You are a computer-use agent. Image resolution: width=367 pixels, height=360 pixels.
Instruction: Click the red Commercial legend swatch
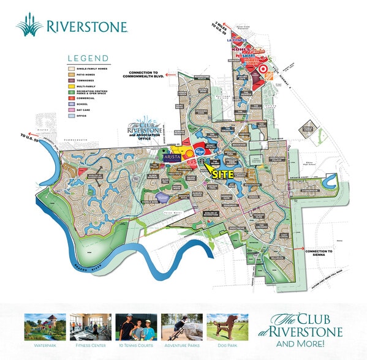tap(72, 98)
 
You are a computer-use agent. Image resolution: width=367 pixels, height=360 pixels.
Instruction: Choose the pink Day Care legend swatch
tap(72, 110)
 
